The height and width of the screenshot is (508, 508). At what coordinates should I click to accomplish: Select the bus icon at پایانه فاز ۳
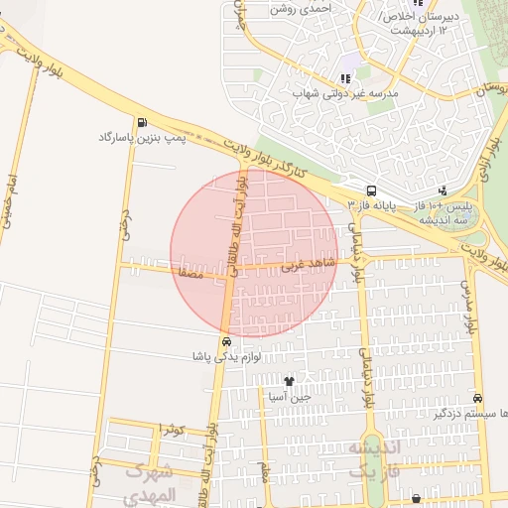point(371,190)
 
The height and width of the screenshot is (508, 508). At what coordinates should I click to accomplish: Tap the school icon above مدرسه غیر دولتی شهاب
point(345,78)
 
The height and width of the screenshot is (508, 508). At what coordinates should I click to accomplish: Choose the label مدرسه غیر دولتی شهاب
point(344,94)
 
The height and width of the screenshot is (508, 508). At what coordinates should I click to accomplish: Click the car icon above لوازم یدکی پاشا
point(227,341)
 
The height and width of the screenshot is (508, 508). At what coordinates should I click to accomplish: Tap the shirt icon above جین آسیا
point(289,381)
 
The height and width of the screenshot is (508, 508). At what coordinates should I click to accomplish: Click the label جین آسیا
point(289,397)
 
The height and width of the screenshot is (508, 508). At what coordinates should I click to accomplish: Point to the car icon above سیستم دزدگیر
point(479,397)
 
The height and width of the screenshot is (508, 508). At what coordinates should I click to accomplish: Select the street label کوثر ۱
point(171,429)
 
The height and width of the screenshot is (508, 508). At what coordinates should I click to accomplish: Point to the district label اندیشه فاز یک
point(373,460)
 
